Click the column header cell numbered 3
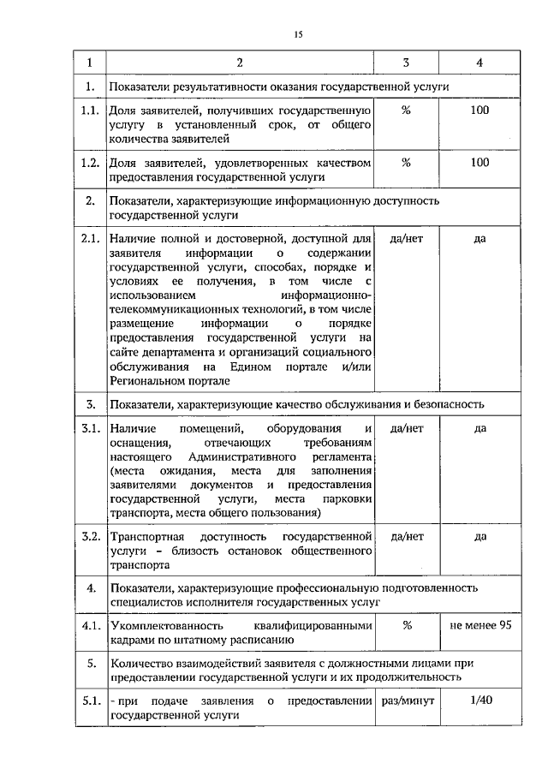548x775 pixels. click(x=407, y=63)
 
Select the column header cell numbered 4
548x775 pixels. click(x=479, y=63)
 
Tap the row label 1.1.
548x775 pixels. click(x=88, y=111)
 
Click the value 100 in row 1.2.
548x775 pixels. click(x=479, y=162)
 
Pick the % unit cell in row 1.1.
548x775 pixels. click(x=407, y=111)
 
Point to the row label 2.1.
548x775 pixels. click(x=88, y=237)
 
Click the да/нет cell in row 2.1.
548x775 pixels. click(x=407, y=237)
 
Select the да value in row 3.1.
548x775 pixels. click(x=479, y=427)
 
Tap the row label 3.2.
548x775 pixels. click(x=88, y=537)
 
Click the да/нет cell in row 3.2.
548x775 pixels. click(x=407, y=537)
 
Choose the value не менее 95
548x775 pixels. click(x=480, y=625)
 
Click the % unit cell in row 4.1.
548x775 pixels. click(x=407, y=625)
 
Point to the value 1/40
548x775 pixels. click(x=479, y=701)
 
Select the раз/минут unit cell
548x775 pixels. click(x=407, y=701)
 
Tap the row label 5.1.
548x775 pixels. click(x=88, y=701)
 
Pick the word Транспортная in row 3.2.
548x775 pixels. click(x=145, y=537)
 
